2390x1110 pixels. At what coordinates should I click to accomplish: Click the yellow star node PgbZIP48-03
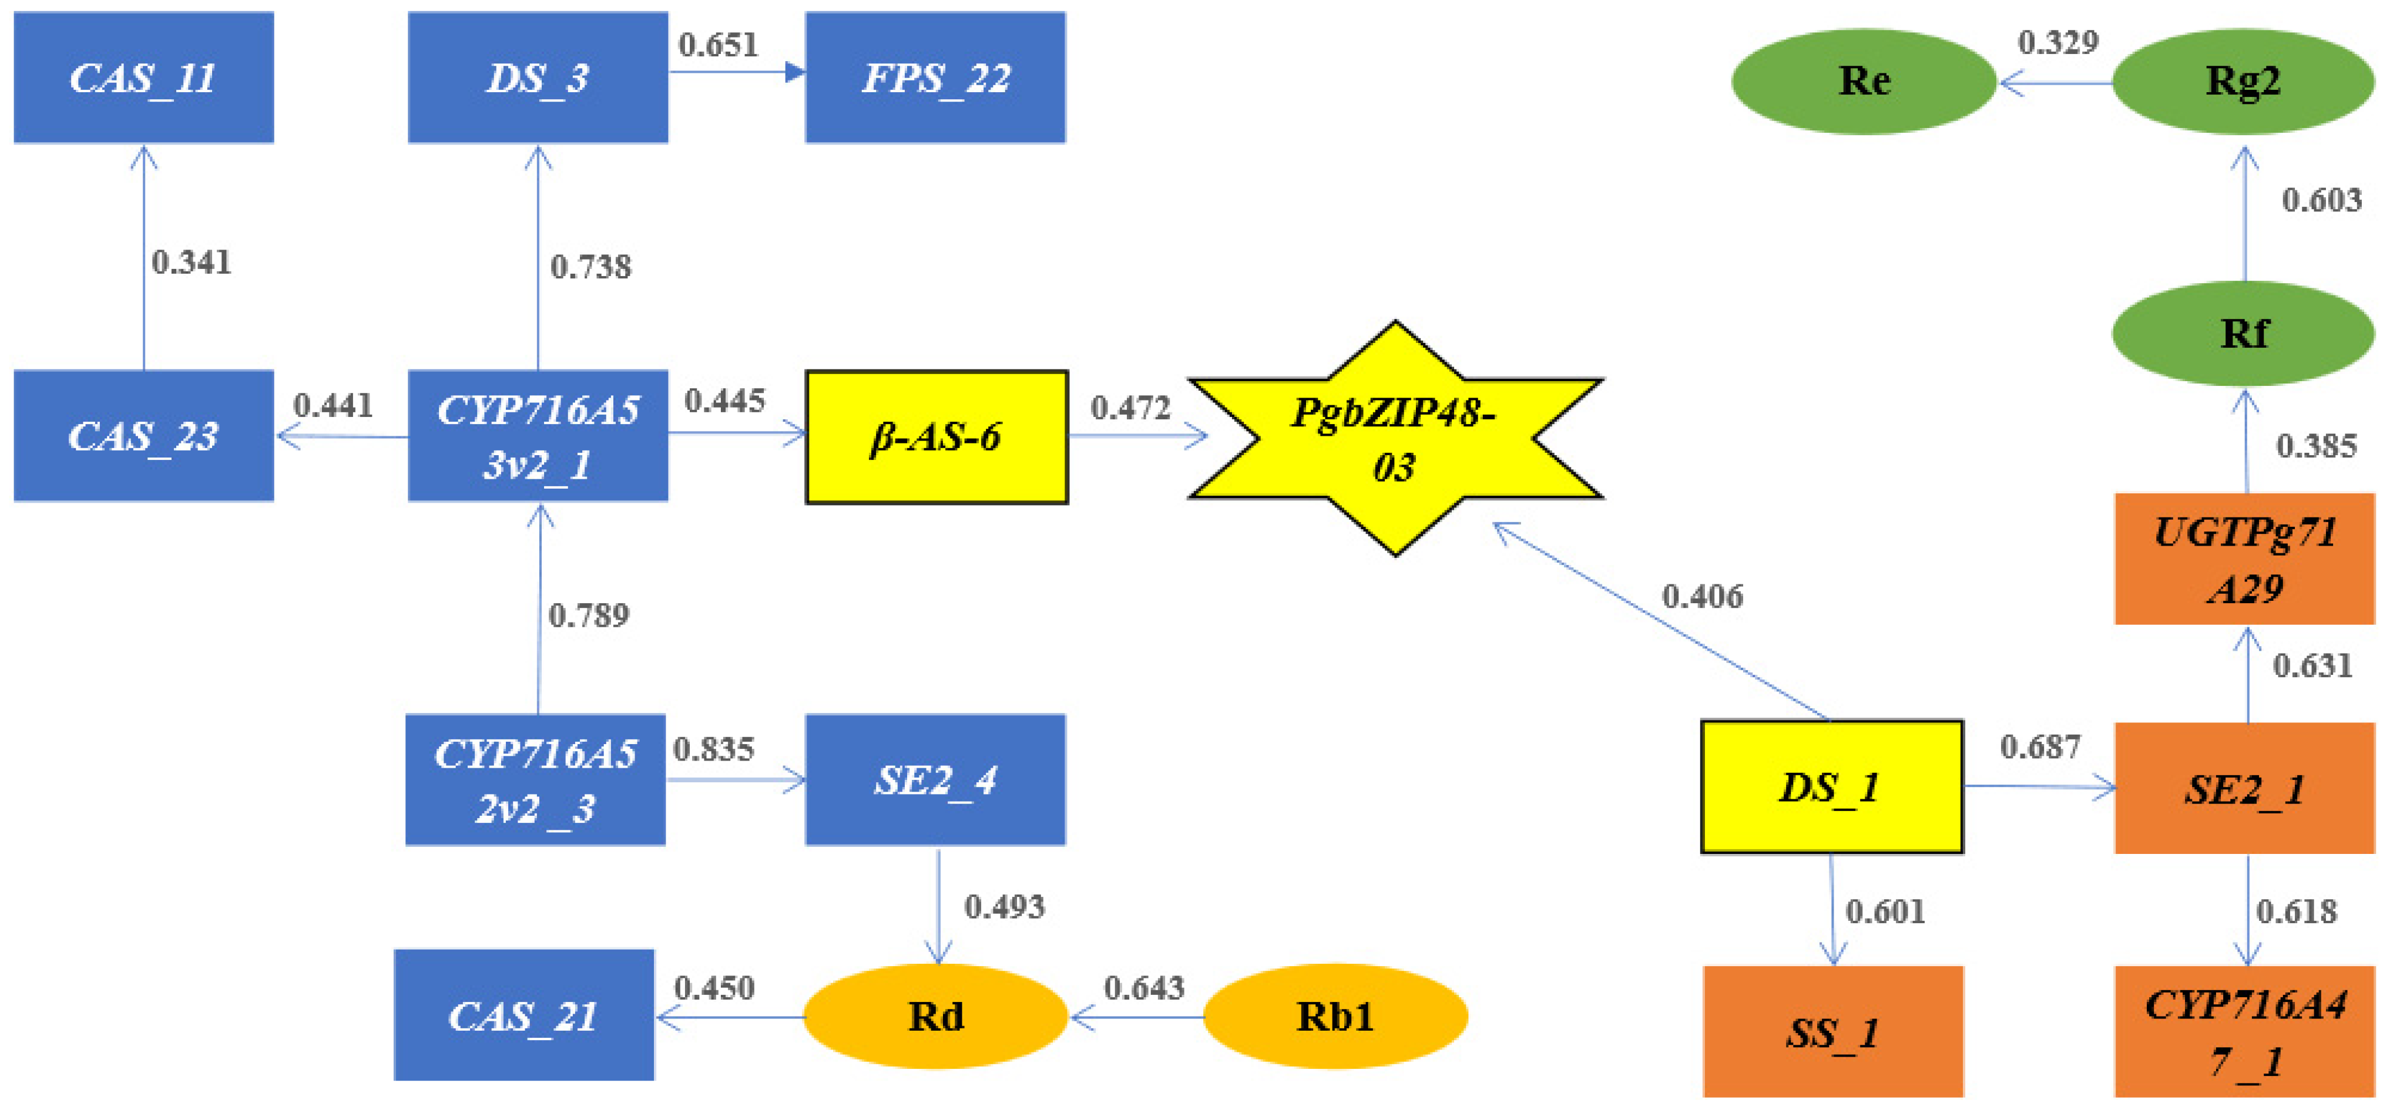[x=1395, y=439]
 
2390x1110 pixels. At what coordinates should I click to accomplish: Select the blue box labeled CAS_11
[x=144, y=78]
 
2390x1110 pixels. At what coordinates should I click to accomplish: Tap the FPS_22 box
[x=935, y=78]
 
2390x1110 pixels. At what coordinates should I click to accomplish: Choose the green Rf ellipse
[x=2243, y=334]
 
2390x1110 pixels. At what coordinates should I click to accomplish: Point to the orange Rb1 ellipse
[x=1335, y=1017]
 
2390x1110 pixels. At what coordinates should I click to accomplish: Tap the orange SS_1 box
[x=1832, y=1032]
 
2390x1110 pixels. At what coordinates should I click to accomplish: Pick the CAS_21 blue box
[x=524, y=1015]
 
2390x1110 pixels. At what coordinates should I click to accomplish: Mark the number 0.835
[x=713, y=749]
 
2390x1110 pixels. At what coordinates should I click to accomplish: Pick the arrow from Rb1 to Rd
[x=1137, y=1017]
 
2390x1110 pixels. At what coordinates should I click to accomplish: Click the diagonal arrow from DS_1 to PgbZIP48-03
[x=1661, y=621]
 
